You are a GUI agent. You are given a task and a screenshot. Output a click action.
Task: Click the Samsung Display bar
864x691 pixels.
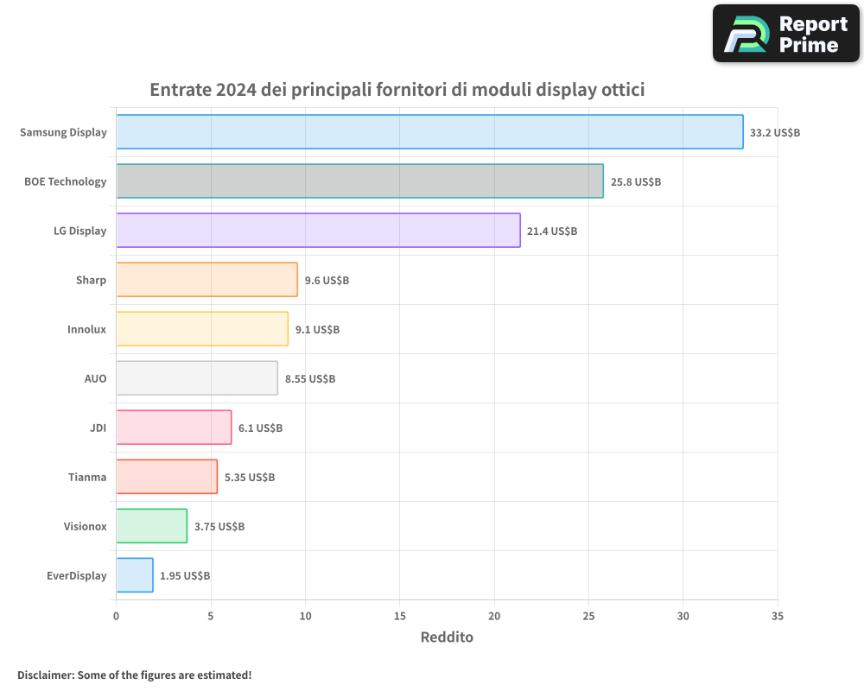(x=429, y=132)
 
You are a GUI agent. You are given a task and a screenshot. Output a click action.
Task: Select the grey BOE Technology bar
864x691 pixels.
(x=359, y=181)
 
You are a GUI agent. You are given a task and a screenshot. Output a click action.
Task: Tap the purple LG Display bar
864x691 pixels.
(x=318, y=231)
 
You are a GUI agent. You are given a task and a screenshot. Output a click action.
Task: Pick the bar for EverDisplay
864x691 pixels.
(x=135, y=575)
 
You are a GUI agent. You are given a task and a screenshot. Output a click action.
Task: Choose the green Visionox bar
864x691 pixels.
(x=151, y=526)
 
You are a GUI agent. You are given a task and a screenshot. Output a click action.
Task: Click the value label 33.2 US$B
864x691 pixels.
(x=775, y=133)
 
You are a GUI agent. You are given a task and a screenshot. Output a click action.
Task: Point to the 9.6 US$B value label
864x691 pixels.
(x=327, y=281)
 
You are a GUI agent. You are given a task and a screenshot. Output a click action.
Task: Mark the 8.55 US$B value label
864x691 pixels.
(x=310, y=379)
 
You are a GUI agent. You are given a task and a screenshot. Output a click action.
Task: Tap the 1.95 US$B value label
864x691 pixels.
(x=185, y=576)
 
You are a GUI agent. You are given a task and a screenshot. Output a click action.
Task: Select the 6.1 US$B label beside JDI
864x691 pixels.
(x=260, y=428)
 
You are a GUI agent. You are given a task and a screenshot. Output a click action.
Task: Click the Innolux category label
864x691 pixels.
(x=87, y=329)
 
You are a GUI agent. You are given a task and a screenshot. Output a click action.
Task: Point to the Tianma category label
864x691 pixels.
(x=87, y=477)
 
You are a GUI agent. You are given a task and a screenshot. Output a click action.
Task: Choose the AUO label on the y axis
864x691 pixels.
(x=95, y=378)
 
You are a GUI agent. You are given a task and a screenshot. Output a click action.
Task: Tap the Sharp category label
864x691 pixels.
(x=91, y=280)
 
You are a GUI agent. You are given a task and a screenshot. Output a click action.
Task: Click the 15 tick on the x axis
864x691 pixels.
(x=399, y=616)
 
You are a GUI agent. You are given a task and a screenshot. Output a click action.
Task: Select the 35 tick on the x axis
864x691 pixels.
(x=778, y=616)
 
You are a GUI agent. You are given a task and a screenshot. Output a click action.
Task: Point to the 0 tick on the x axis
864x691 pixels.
(x=117, y=616)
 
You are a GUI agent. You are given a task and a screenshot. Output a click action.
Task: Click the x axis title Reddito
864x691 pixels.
(x=447, y=637)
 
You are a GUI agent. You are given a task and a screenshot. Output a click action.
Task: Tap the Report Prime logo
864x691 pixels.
(x=785, y=34)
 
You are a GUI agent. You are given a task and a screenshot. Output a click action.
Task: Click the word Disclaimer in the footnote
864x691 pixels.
(x=45, y=675)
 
